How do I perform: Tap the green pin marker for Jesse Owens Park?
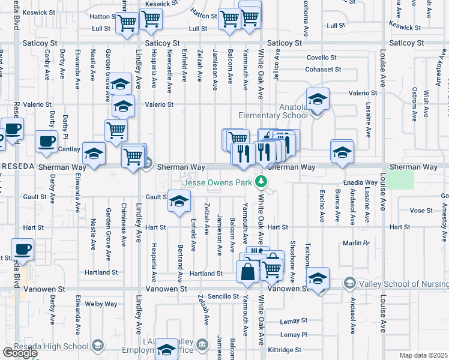(261, 181)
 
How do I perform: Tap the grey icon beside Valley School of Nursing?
(349, 283)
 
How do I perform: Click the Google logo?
(20, 353)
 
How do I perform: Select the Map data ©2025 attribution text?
(423, 355)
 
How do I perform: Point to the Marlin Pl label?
(356, 242)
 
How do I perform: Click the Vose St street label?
(421, 211)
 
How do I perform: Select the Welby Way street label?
(101, 304)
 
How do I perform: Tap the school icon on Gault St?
(178, 202)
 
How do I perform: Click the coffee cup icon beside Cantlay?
(46, 142)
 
